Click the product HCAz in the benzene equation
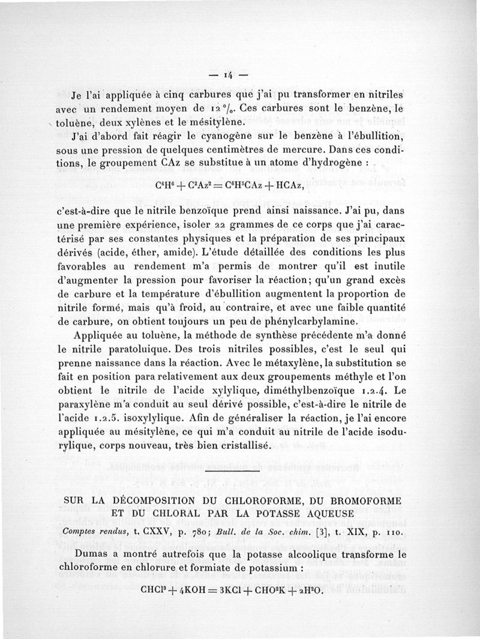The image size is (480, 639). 280,185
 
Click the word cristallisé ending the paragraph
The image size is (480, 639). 242,446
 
